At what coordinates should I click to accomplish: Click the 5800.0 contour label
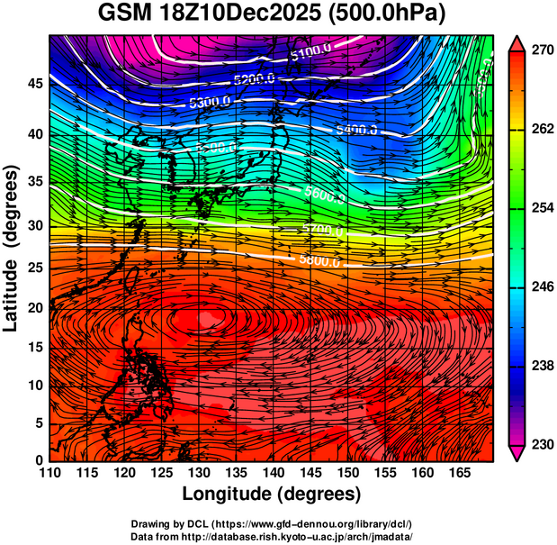tap(319, 262)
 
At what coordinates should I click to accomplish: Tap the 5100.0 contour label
tap(311, 56)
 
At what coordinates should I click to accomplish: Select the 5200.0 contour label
tap(254, 79)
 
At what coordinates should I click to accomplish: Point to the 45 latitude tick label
tap(35, 84)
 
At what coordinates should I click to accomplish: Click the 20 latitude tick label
tap(35, 308)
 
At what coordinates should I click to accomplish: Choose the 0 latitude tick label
tap(40, 460)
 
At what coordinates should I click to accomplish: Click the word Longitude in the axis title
tap(229, 495)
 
